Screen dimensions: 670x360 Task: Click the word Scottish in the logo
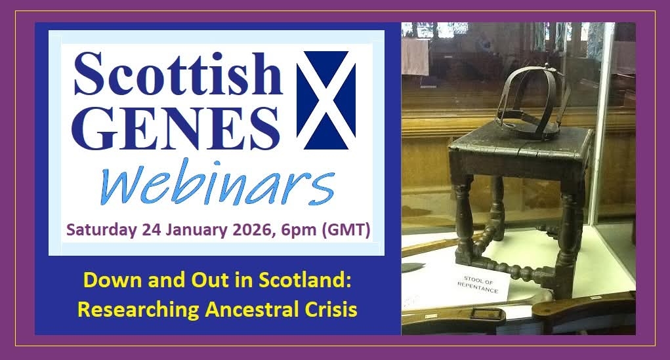pyautogui.click(x=178, y=74)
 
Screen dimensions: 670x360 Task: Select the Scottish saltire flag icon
pyautogui.click(x=326, y=100)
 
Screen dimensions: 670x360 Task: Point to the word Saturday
pyautogui.click(x=102, y=230)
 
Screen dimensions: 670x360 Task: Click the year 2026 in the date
pyautogui.click(x=254, y=230)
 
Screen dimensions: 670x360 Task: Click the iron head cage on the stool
pyautogui.click(x=533, y=101)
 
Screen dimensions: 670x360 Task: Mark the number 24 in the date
pyautogui.click(x=152, y=230)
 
